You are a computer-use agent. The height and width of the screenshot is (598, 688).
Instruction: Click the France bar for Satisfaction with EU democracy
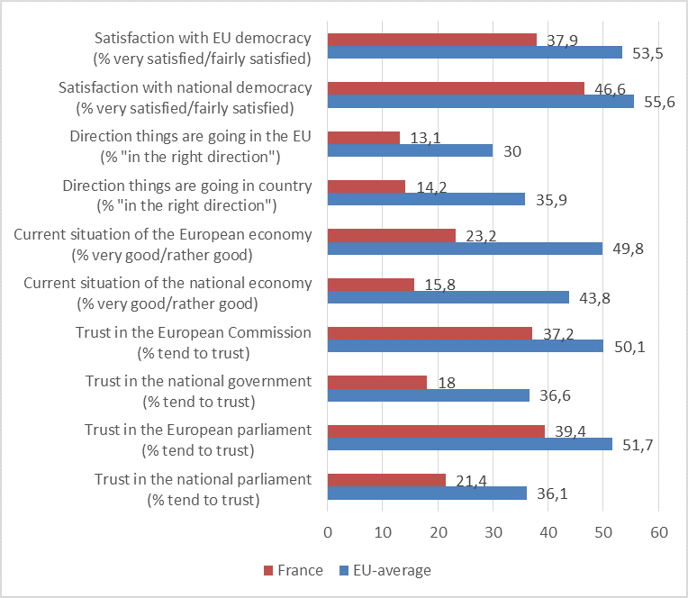tap(432, 40)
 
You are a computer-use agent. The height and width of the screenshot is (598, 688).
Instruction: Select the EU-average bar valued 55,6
tap(481, 101)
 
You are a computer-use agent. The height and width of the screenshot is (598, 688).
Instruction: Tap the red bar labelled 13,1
tap(364, 138)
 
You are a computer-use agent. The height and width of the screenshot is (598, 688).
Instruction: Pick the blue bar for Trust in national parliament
tap(427, 493)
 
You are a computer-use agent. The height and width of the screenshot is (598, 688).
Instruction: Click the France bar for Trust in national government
tap(377, 382)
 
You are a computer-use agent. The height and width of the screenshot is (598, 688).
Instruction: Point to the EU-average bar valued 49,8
tap(465, 248)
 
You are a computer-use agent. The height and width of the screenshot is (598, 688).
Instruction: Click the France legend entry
tap(293, 570)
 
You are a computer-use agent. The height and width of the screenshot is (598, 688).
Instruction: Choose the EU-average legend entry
tap(385, 570)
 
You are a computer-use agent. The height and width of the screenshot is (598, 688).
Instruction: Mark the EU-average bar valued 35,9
tap(426, 199)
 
